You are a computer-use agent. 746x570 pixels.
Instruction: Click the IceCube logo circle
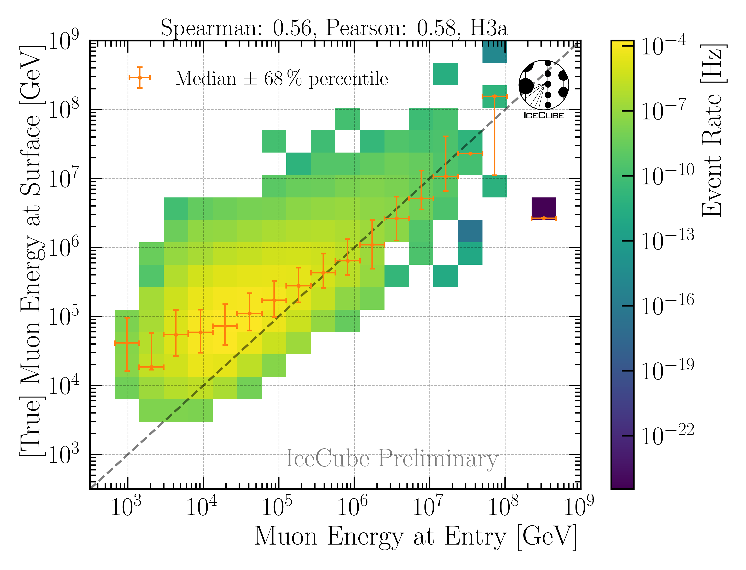544,85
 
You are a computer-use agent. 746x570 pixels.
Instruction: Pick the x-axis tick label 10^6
352,506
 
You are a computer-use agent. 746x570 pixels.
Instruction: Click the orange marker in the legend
140,78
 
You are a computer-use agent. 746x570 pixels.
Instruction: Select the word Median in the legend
206,79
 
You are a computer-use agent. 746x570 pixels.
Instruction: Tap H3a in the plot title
489,28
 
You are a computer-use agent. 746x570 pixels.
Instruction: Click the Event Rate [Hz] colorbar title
713,131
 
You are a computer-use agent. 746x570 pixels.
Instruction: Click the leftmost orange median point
127,343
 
